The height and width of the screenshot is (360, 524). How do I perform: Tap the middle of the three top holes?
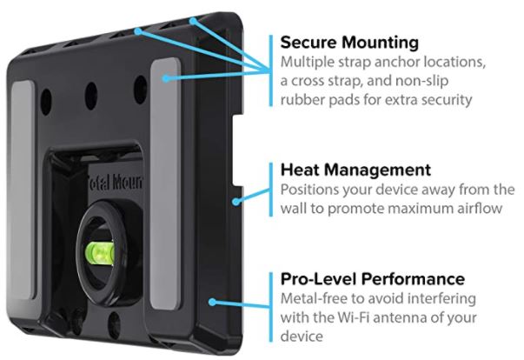coord(90,90)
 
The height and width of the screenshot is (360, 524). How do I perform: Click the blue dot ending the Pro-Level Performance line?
coord(212,302)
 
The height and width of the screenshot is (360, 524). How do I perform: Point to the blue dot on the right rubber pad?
coord(164,78)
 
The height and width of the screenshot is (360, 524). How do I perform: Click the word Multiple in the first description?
coord(304,63)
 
